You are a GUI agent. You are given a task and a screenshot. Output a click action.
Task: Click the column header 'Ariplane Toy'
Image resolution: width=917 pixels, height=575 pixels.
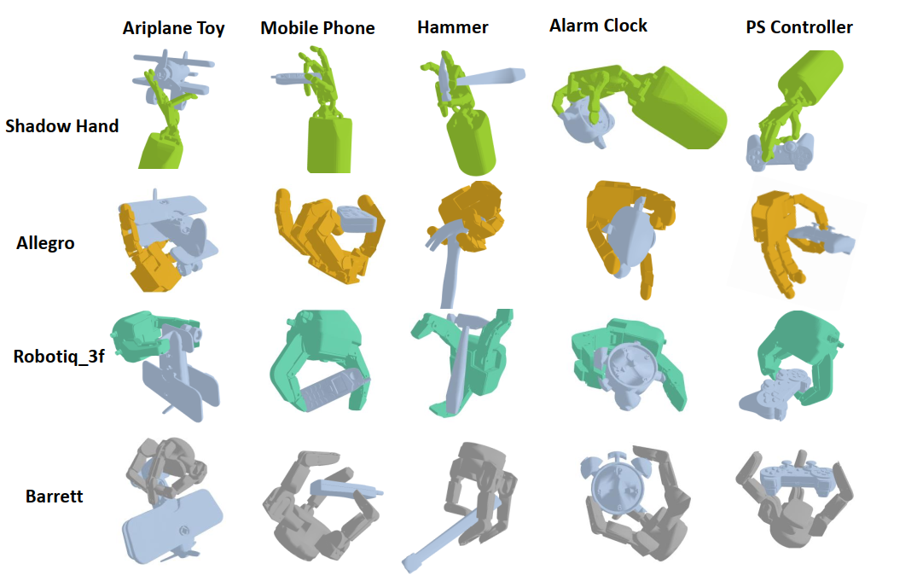pos(174,28)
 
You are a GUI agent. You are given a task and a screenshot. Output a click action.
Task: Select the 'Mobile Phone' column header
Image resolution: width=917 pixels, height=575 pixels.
pos(317,28)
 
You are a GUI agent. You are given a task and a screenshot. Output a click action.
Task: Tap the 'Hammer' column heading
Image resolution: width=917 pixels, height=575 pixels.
pos(453,27)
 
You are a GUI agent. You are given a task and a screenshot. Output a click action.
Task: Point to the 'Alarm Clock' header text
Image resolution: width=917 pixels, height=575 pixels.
pos(598,26)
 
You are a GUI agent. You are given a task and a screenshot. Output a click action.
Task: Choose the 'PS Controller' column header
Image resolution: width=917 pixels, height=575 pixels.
pos(799,27)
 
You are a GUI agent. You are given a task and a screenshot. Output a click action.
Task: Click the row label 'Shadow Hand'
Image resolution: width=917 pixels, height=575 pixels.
pos(62,125)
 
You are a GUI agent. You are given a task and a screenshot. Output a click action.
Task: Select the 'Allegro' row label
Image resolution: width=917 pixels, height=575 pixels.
pos(45,243)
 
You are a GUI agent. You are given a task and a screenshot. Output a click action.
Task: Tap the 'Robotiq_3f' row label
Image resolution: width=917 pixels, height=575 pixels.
pos(59,357)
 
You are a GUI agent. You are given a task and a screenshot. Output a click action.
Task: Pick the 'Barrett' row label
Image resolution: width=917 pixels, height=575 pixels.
pos(55,496)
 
